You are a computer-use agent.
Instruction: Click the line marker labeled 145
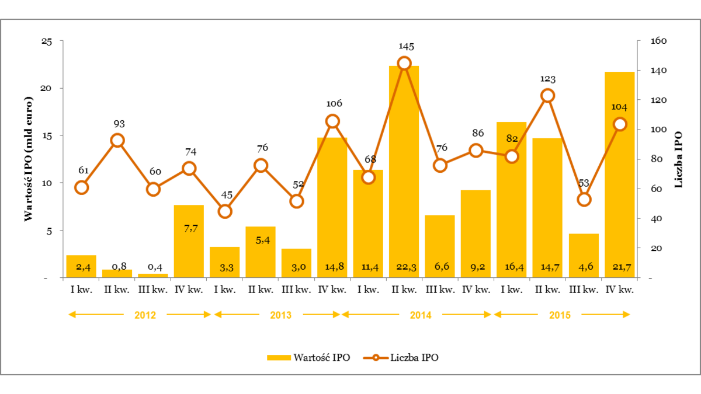pyautogui.click(x=404, y=64)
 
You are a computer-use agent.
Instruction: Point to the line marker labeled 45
pyautogui.click(x=225, y=211)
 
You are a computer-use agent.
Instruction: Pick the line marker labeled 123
pyautogui.click(x=547, y=96)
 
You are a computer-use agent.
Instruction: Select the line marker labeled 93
pyautogui.click(x=117, y=140)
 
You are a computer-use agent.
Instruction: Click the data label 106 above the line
pyautogui.click(x=332, y=104)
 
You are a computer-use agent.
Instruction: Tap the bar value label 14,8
pyautogui.click(x=332, y=267)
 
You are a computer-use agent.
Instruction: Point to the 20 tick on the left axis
pyautogui.click(x=47, y=88)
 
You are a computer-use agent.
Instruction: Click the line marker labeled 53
pyautogui.click(x=584, y=200)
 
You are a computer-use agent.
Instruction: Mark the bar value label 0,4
pyautogui.click(x=154, y=267)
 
